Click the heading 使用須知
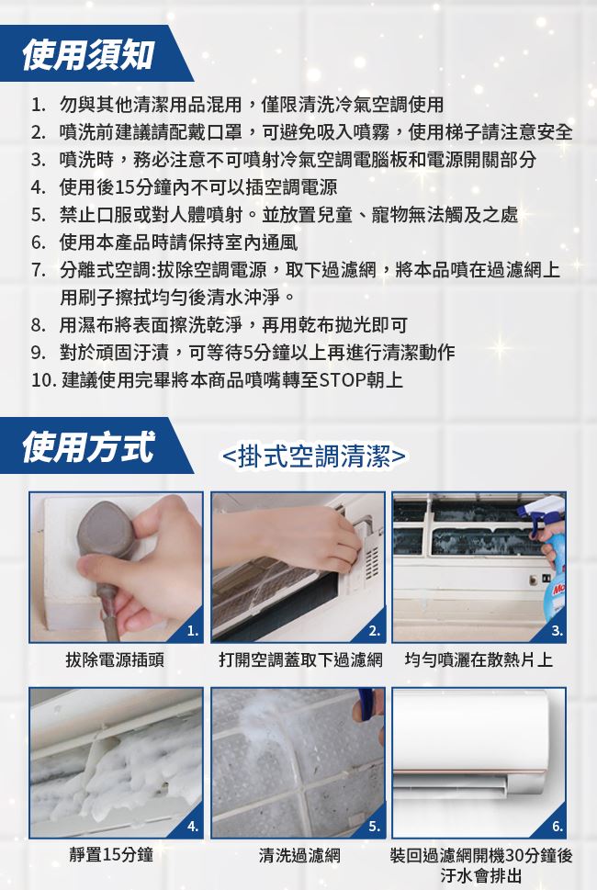pos(87,55)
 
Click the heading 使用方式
pos(87,446)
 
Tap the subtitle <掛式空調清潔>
pos(313,456)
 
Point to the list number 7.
pos(38,270)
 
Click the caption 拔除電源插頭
pos(115,659)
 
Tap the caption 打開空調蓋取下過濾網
pos(300,659)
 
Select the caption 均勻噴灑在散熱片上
pos(479,659)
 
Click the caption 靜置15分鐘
pos(111,854)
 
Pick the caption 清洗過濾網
pos(299,854)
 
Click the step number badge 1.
pos(192,631)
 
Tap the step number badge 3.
pos(557,631)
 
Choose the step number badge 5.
pos(374,826)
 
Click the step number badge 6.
pos(557,826)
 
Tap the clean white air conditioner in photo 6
pos(471,744)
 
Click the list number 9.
pos(38,353)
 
